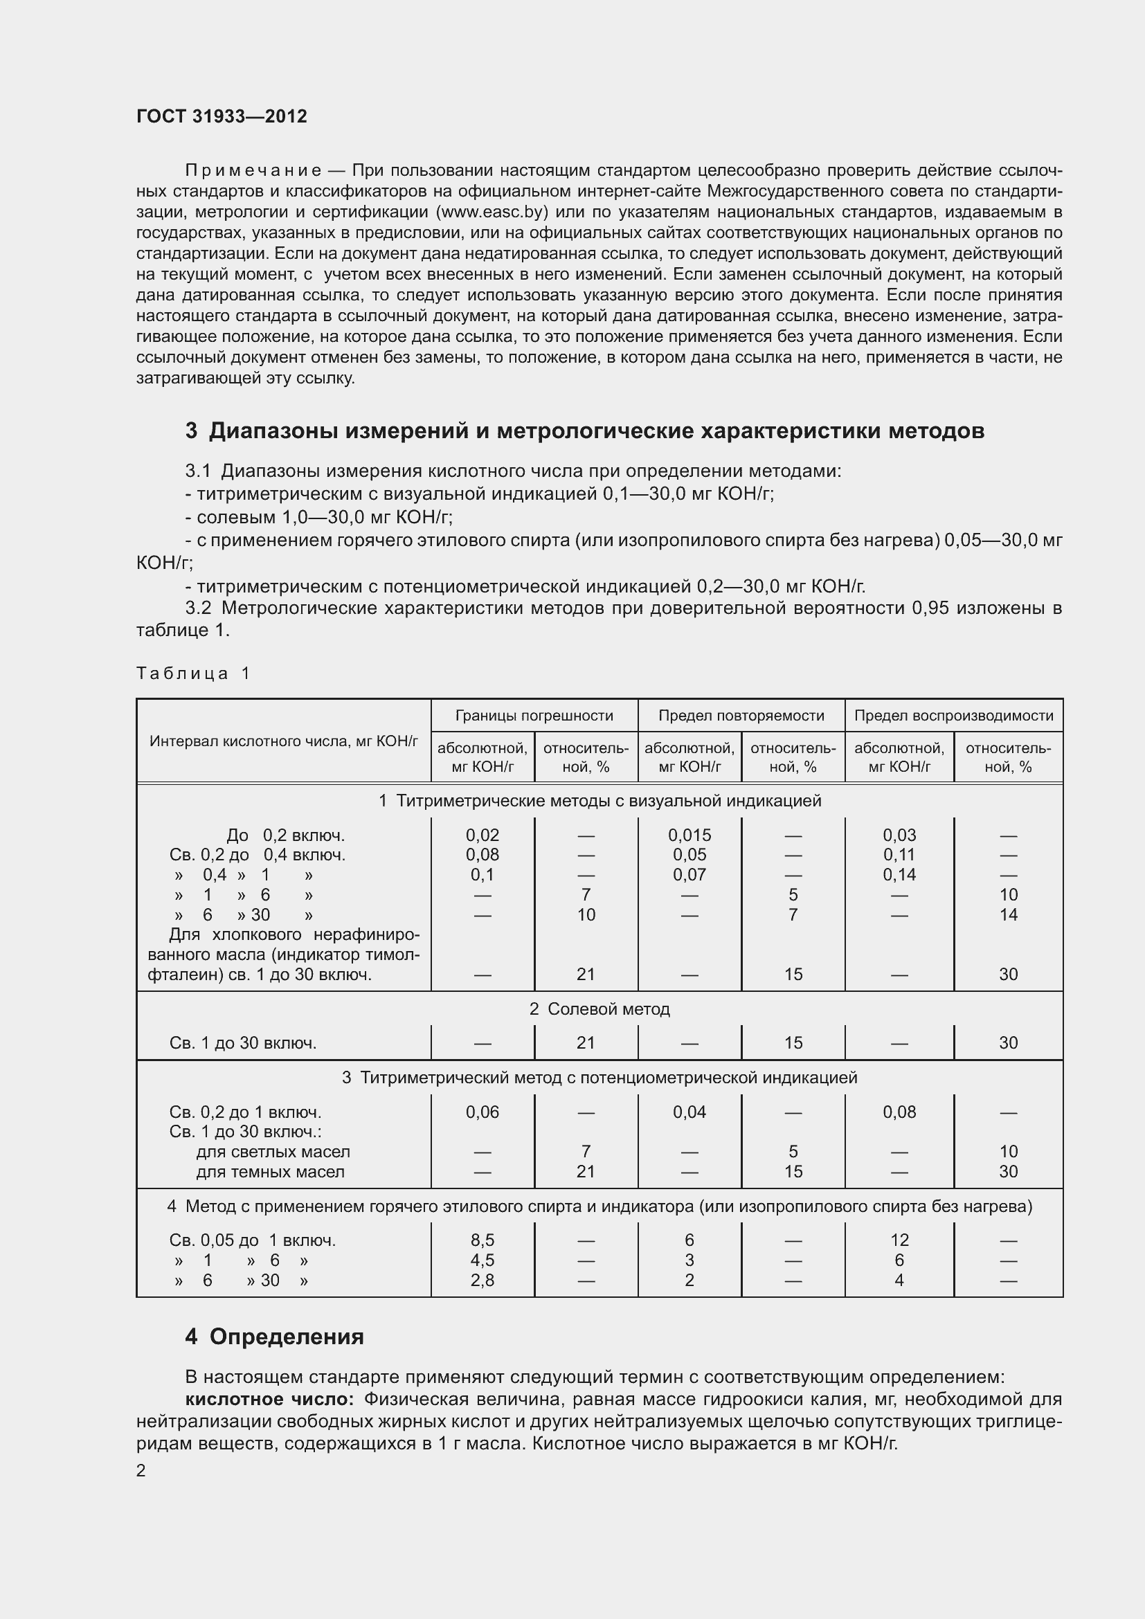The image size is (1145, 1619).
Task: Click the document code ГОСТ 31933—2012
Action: [x=222, y=116]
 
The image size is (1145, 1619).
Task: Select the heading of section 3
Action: [x=584, y=431]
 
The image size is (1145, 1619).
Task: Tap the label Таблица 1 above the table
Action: [x=193, y=673]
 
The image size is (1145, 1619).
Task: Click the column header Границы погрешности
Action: [x=534, y=716]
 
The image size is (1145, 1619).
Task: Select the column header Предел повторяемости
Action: [x=741, y=716]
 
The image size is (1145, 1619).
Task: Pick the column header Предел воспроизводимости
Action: [x=953, y=716]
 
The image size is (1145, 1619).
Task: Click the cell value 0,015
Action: [x=689, y=835]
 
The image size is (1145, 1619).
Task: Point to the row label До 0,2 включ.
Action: [x=285, y=835]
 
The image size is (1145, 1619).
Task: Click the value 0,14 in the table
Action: [x=899, y=875]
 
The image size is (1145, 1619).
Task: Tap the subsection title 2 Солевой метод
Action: [x=599, y=1009]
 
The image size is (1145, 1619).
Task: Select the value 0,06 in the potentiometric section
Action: [x=483, y=1112]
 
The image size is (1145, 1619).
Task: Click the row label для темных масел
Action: [x=270, y=1172]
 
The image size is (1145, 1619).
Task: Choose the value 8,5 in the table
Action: [x=483, y=1240]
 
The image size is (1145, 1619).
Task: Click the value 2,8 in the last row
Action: [x=483, y=1281]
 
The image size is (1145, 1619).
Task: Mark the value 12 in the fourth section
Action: [x=899, y=1240]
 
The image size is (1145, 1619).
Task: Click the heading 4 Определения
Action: [x=274, y=1337]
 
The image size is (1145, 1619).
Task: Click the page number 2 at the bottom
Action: [x=141, y=1471]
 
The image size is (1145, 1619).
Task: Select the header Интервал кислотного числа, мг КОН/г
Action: [x=283, y=741]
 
